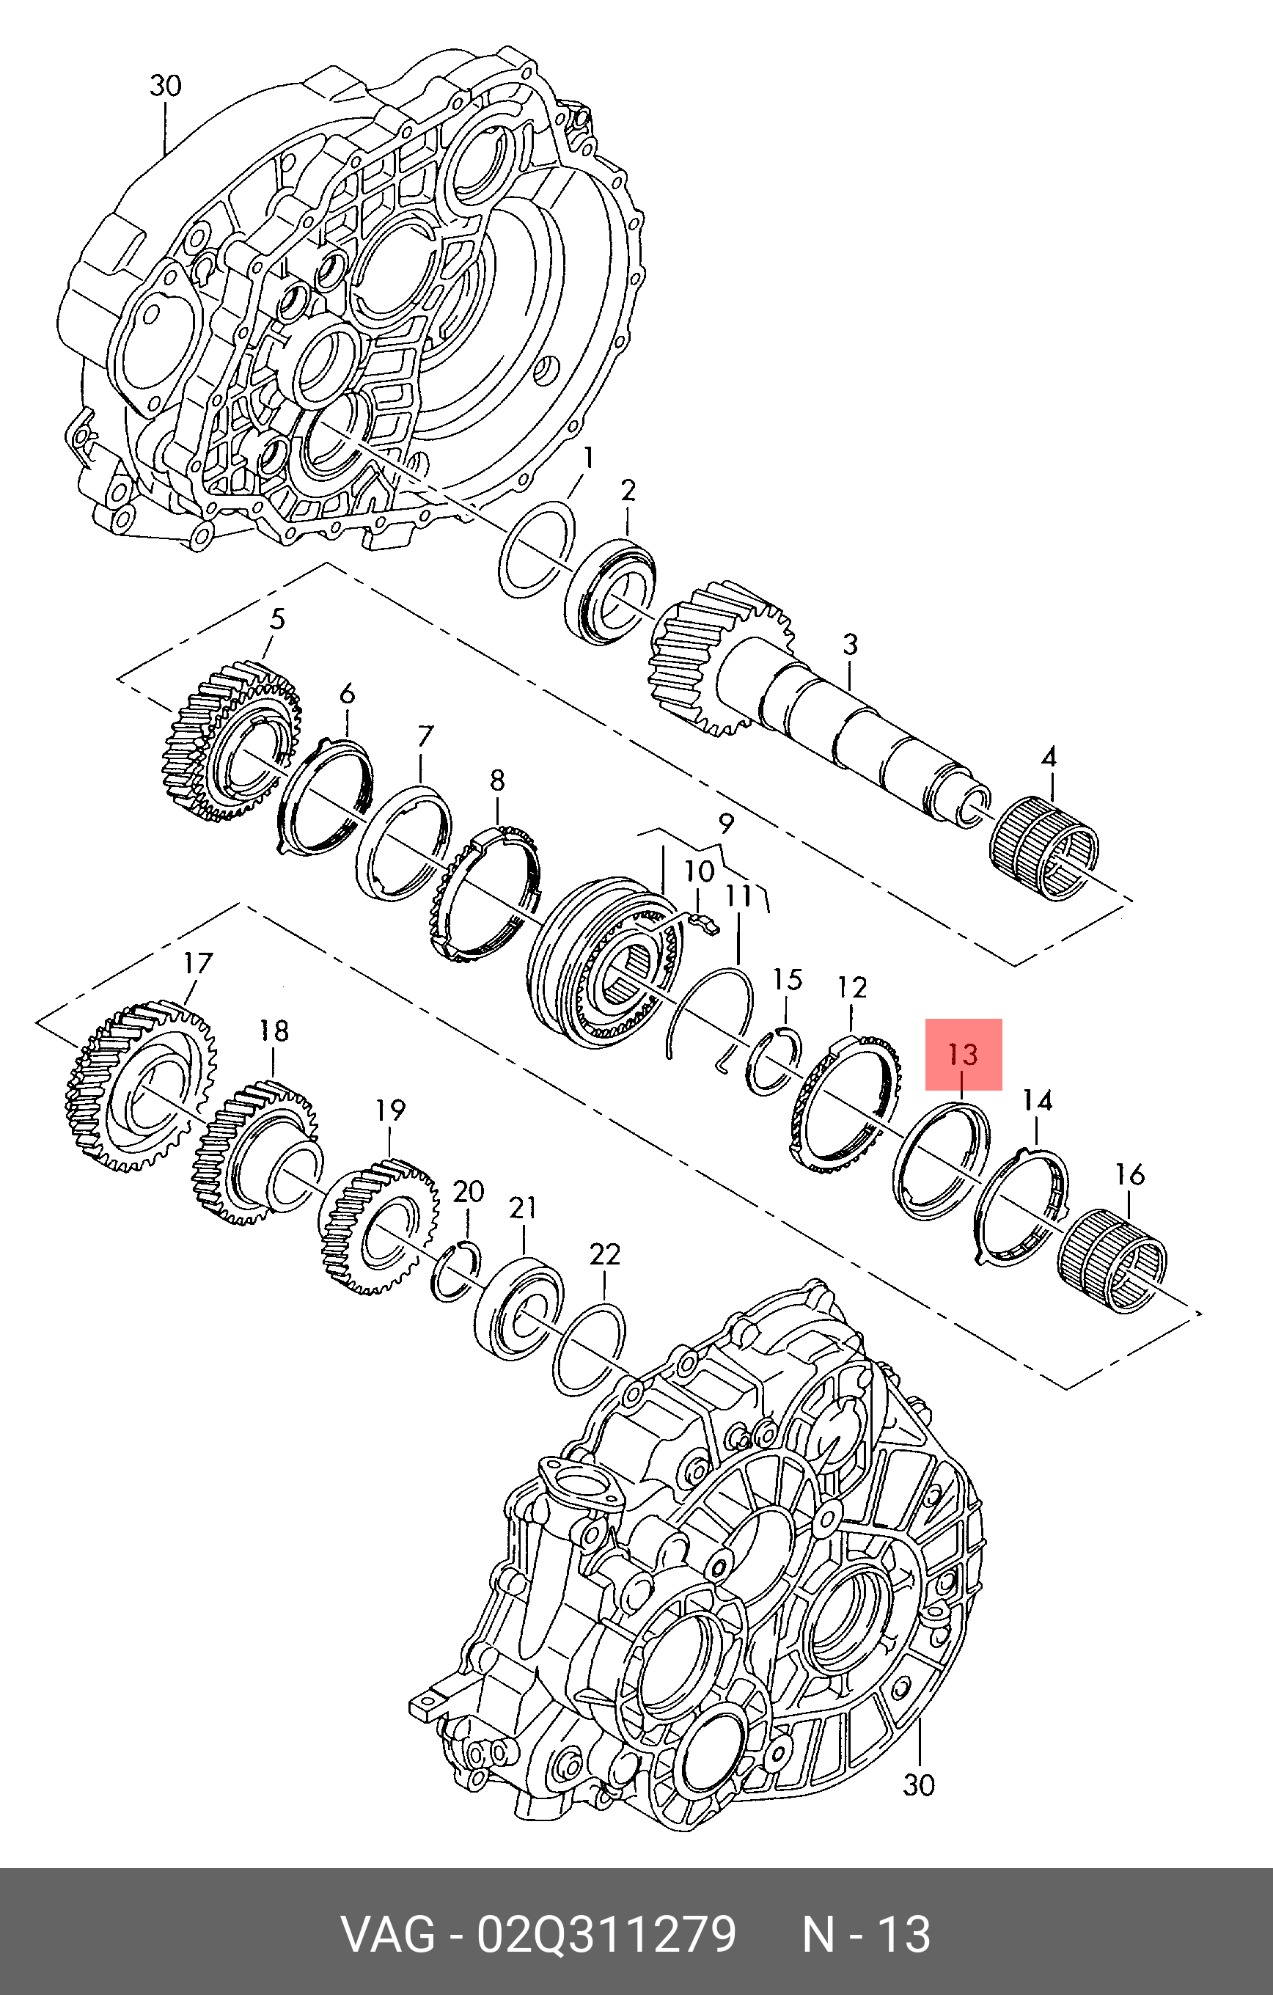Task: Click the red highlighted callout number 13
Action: pos(964,1055)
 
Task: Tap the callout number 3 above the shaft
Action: pos(850,645)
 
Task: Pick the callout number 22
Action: pos(606,1253)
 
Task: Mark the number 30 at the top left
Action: pos(165,86)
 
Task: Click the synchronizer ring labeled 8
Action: pos(485,896)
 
